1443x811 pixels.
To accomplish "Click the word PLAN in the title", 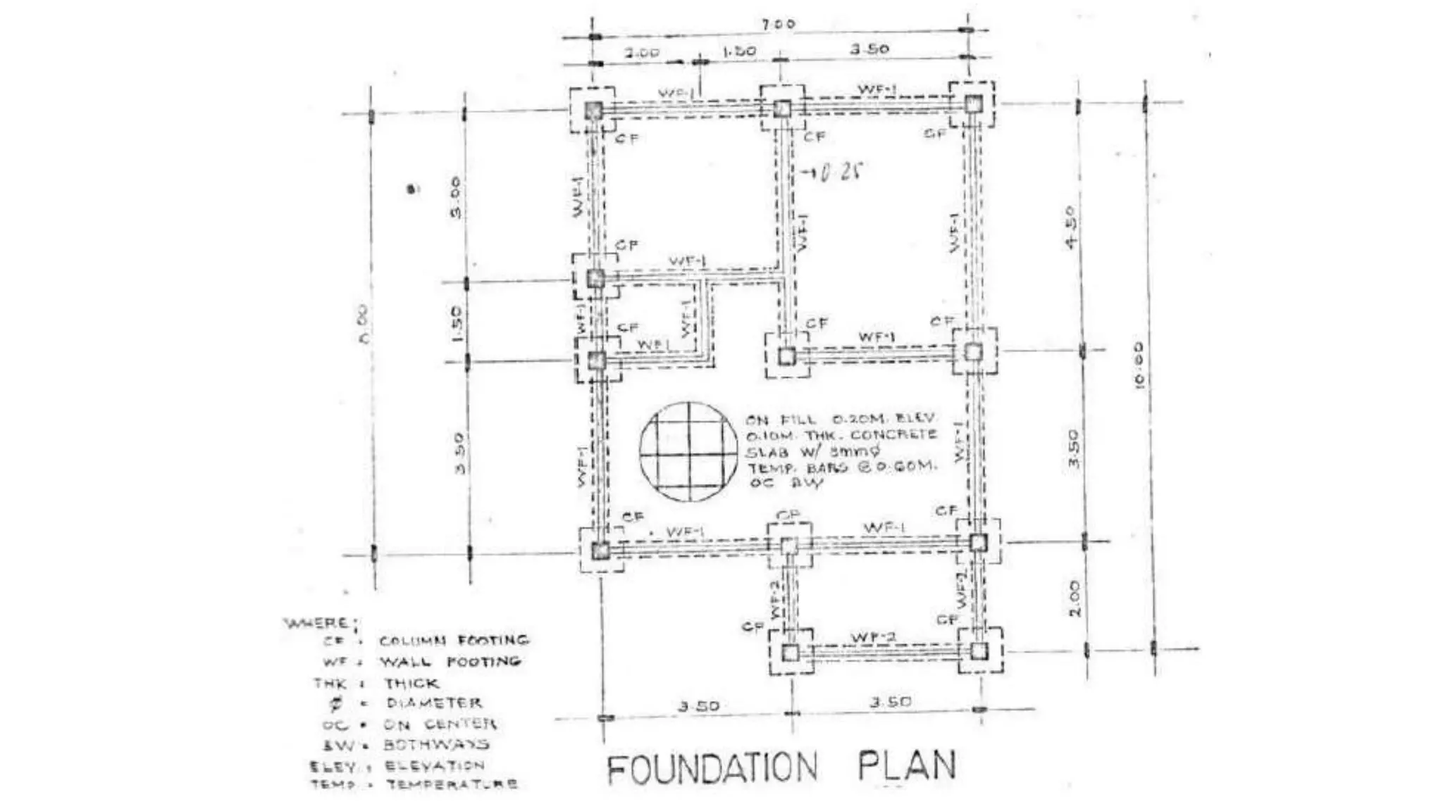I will click(907, 765).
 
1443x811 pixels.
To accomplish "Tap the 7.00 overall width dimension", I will click(778, 24).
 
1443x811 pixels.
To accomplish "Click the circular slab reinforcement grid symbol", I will click(689, 452).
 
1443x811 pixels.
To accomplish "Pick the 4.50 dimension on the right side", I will click(1070, 227).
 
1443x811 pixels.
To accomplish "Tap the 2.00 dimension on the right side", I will click(1074, 598).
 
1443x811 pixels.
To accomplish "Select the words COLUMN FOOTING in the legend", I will click(453, 641).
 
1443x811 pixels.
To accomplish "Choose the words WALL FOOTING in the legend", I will click(450, 662).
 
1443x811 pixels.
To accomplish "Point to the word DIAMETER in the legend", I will click(434, 703).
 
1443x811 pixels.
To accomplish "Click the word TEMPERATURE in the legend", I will click(452, 784).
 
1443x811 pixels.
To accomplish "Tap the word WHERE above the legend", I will click(317, 623).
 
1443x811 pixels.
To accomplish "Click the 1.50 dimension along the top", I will click(738, 51).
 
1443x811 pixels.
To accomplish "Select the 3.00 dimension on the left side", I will click(455, 198).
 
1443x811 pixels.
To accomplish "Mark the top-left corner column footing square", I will click(593, 111).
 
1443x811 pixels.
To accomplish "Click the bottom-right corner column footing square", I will click(979, 650).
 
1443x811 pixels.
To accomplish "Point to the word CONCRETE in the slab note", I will click(893, 434).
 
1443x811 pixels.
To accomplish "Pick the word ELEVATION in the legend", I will click(434, 765).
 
